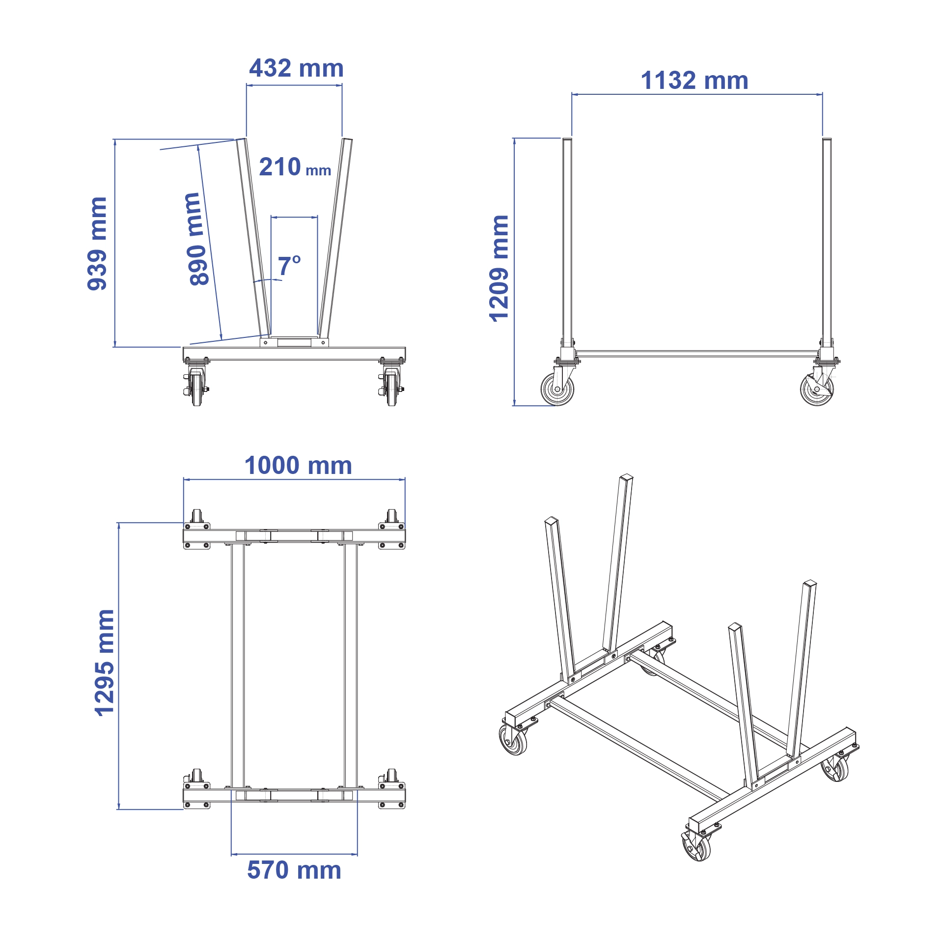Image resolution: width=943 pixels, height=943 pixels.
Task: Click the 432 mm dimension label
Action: (296, 68)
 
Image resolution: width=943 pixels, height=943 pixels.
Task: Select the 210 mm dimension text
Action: (295, 167)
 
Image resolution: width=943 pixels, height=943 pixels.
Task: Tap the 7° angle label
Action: (289, 266)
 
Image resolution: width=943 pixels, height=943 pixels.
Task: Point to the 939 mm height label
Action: (97, 244)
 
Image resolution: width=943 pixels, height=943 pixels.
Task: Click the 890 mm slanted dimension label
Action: (198, 239)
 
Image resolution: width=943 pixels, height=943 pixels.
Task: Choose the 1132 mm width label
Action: (694, 81)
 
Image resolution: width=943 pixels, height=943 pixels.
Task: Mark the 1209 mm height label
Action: (499, 268)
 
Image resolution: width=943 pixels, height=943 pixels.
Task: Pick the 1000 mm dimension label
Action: (298, 466)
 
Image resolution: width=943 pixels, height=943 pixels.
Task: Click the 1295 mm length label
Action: (104, 663)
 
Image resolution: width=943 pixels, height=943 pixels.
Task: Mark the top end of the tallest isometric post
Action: (627, 477)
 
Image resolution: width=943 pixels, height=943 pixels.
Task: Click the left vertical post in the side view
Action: (567, 241)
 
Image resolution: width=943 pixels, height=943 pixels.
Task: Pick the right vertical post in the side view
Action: (827, 241)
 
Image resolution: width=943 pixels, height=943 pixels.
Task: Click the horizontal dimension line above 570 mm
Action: (294, 854)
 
